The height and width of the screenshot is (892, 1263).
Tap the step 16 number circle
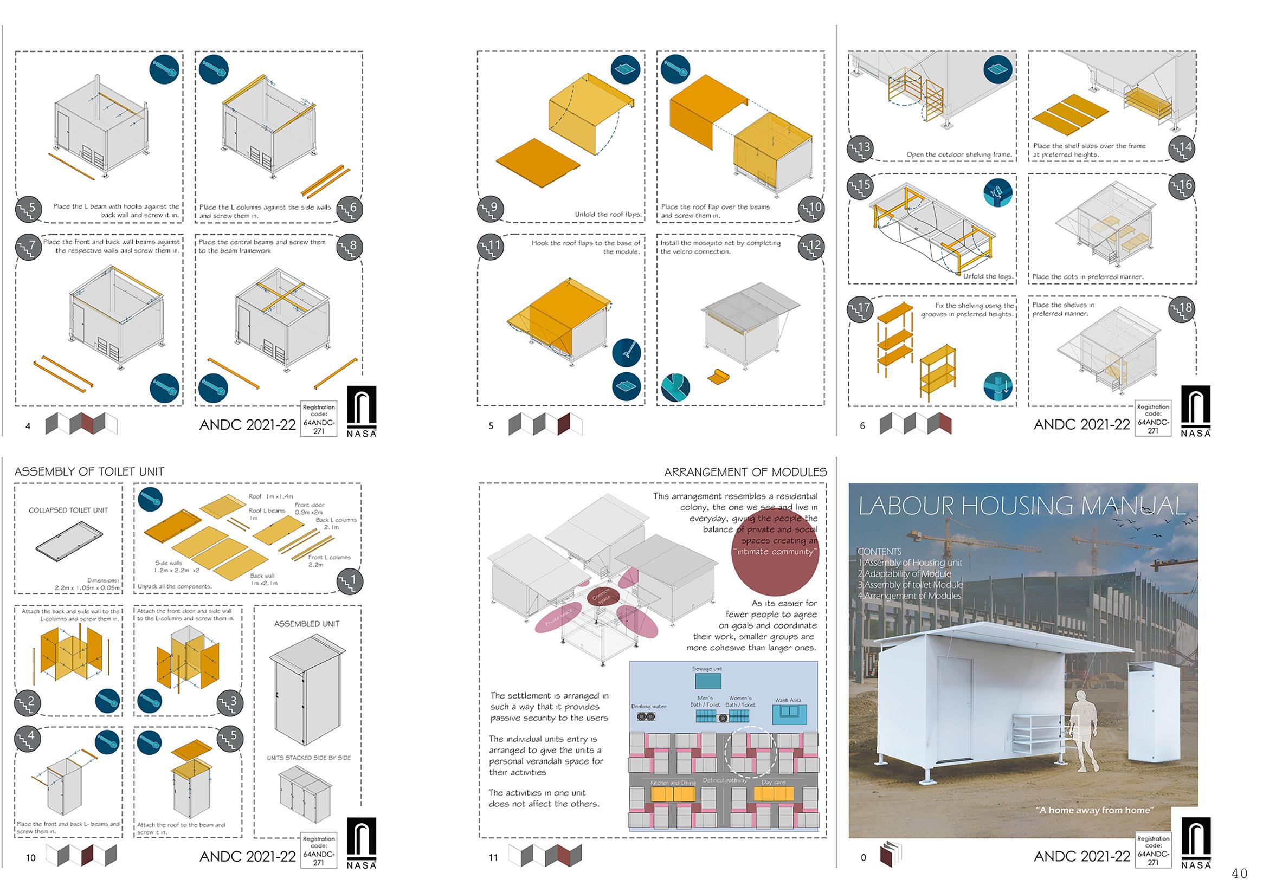(1182, 186)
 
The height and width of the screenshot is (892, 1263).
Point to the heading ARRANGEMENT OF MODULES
(745, 473)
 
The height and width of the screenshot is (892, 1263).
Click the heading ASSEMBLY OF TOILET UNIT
(89, 472)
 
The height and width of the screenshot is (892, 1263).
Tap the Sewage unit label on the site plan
(707, 669)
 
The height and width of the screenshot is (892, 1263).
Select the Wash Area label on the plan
(788, 700)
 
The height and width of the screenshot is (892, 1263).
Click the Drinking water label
(649, 706)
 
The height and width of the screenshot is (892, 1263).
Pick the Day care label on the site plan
(773, 782)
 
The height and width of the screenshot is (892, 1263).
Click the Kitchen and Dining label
(673, 783)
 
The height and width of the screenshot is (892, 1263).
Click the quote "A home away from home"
(1094, 810)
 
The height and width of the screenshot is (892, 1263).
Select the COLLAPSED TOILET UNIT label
(68, 510)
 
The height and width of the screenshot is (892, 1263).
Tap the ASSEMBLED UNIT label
(306, 624)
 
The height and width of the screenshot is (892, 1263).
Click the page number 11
(493, 857)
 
